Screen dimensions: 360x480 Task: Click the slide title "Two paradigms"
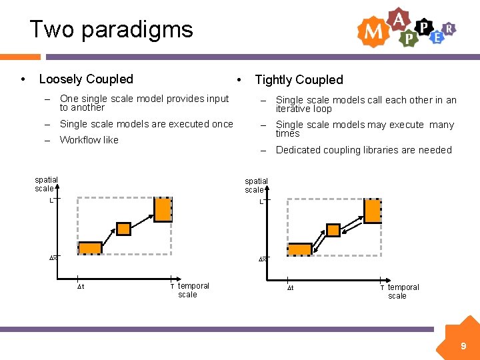coord(111,29)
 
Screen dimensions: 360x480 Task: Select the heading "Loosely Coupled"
coord(86,79)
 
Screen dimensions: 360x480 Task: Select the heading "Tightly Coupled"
coord(299,80)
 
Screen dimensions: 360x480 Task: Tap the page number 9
coord(463,346)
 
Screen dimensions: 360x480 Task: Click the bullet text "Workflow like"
coord(89,140)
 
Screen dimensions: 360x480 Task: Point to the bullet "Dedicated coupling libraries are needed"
coord(363,150)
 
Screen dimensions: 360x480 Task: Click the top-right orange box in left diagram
coord(163,209)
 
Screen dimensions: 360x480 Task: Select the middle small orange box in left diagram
coord(124,229)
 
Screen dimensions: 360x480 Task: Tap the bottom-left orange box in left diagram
coord(90,248)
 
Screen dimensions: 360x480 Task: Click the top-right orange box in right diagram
coord(373,211)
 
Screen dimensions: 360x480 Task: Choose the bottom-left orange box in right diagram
coord(300,249)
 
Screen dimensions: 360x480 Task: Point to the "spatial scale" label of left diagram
coord(46,184)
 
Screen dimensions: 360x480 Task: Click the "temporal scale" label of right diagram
coord(403,291)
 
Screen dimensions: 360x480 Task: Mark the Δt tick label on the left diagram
coord(80,287)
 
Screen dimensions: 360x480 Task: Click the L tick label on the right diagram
coord(261,201)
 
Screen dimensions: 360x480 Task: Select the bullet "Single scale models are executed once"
coord(146,124)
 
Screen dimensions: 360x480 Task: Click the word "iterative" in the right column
coord(294,109)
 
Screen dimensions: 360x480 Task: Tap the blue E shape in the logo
coord(437,37)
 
